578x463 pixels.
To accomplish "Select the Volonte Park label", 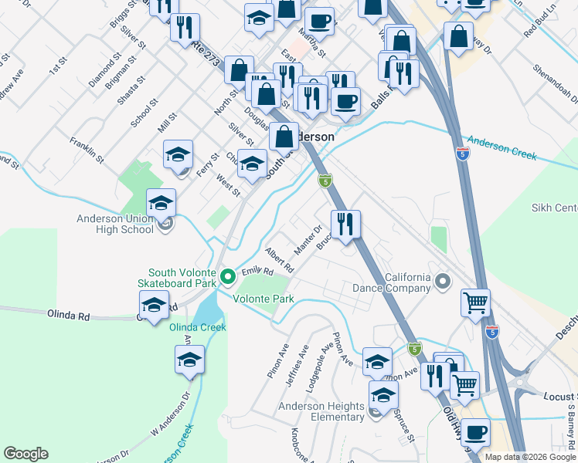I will [263, 298].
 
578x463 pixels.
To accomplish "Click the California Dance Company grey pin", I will [443, 280].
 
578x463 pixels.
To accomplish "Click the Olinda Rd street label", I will [69, 315].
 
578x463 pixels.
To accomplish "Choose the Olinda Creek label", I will [198, 327].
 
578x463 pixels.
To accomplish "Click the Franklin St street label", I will [86, 148].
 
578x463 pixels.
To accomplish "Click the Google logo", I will [25, 453].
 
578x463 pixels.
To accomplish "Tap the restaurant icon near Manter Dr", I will [346, 223].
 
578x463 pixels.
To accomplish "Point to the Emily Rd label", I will [257, 272].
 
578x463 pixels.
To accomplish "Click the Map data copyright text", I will [530, 457].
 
